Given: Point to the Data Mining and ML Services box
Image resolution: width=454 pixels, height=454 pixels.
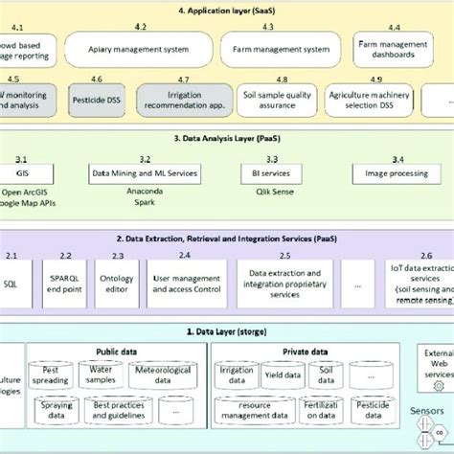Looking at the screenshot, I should click(145, 175).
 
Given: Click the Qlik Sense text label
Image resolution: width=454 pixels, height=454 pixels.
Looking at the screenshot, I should click(272, 192).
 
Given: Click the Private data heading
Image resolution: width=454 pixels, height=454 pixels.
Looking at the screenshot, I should click(307, 352).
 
